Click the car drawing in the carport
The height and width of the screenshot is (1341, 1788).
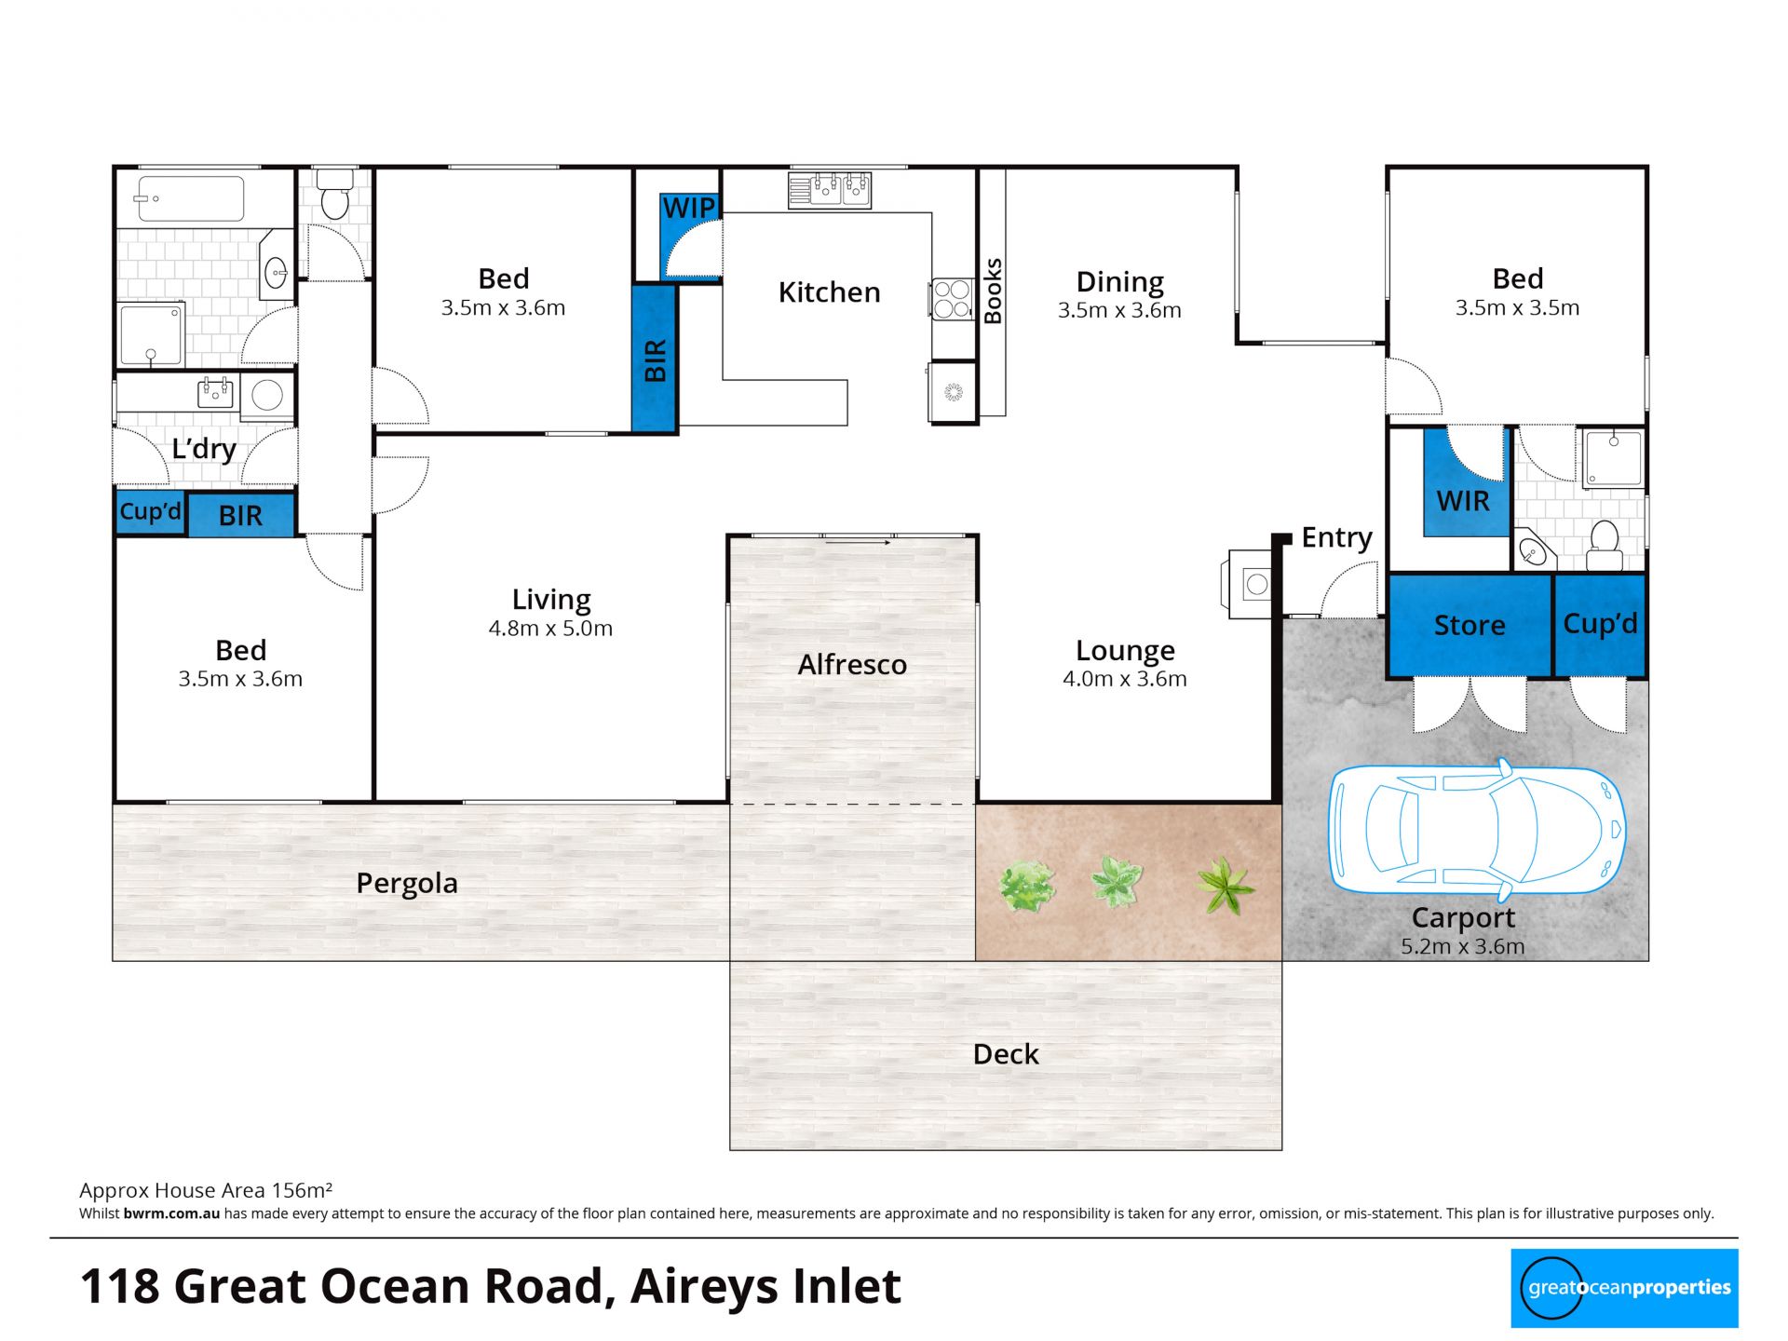pos(1476,830)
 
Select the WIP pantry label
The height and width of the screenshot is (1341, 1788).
pos(689,208)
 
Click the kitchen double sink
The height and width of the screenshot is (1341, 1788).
pos(830,190)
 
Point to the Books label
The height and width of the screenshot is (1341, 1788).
pos(993,291)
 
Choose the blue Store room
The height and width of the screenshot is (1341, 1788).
pos(1470,625)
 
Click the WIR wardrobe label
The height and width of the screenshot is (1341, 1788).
pos(1463,501)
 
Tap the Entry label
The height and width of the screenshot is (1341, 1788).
pos(1336,537)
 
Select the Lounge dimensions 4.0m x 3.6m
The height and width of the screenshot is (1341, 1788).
pos(1125,679)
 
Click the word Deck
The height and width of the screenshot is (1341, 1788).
pos(1006,1054)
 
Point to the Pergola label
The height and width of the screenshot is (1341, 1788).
pos(407,883)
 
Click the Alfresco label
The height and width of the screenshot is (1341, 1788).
pos(852,664)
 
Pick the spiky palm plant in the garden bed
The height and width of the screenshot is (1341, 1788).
pos(1226,886)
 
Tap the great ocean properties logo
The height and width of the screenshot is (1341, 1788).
pos(1624,1288)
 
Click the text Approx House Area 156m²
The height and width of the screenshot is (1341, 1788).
pos(206,1190)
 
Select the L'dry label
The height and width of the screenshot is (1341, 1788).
pos(204,448)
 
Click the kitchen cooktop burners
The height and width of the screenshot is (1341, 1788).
pos(953,299)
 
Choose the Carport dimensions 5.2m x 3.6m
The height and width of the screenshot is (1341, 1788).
pos(1463,947)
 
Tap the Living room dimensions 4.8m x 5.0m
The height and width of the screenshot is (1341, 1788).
pos(550,629)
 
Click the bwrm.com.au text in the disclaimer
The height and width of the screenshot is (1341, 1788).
pos(171,1213)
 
